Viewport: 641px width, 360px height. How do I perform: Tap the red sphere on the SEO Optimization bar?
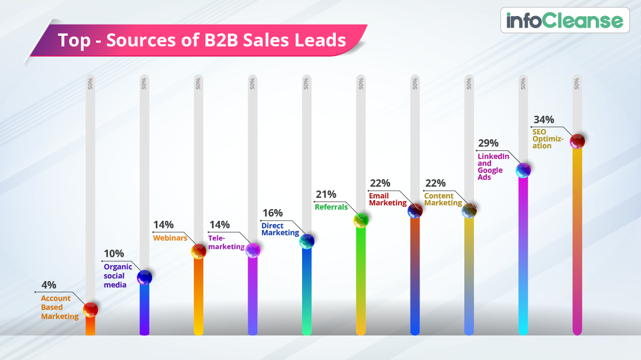click(577, 141)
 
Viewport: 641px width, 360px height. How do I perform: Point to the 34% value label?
click(543, 119)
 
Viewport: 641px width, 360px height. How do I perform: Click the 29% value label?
click(488, 143)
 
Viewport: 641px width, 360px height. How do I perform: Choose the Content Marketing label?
click(443, 199)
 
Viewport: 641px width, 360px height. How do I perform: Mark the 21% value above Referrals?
click(326, 194)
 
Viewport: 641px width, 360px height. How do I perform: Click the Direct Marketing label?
click(280, 229)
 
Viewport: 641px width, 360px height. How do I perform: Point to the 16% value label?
click(272, 213)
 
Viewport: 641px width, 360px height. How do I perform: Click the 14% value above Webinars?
click(163, 225)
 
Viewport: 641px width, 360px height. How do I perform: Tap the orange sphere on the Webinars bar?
click(199, 251)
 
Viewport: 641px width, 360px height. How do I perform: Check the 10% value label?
click(113, 253)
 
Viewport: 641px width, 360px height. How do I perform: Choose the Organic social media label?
click(115, 276)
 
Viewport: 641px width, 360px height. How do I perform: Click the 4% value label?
click(48, 285)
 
